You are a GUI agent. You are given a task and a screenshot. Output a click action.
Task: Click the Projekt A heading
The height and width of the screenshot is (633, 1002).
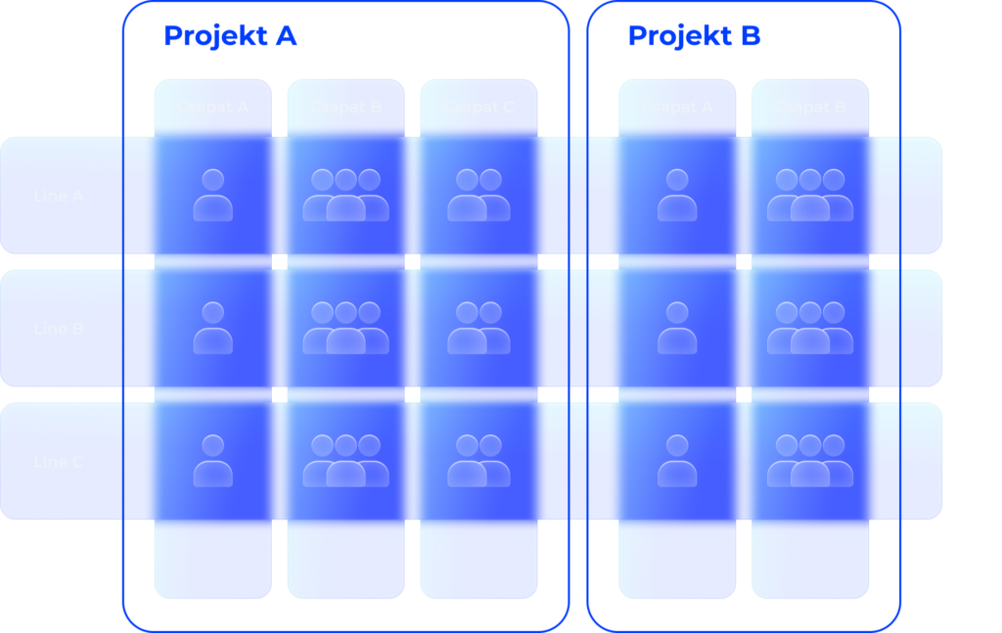(229, 36)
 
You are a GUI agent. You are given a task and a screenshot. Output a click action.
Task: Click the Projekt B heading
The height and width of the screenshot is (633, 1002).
(694, 36)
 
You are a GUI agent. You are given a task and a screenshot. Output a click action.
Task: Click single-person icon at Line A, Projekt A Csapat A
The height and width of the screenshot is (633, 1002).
(212, 196)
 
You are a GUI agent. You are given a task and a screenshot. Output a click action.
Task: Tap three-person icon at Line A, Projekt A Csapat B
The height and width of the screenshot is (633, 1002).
(345, 196)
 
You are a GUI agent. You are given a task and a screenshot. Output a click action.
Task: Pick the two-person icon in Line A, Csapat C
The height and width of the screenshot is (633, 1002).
(478, 196)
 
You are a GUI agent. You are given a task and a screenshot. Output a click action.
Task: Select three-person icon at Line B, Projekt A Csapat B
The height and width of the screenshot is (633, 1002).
(345, 329)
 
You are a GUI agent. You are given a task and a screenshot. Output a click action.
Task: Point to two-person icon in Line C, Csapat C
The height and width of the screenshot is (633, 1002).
(478, 462)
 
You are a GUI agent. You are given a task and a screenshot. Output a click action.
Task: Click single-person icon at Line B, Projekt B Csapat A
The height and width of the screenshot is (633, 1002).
(677, 329)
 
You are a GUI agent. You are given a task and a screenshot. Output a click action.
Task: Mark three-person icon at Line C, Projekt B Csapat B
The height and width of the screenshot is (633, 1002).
(810, 462)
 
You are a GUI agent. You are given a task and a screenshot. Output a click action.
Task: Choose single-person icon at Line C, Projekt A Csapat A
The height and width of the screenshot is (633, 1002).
(212, 462)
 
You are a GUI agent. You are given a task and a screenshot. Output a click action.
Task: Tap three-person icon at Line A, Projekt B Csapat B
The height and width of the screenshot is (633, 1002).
(810, 196)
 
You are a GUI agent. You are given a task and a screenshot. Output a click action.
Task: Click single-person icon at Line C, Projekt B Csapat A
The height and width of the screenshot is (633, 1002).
(677, 462)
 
